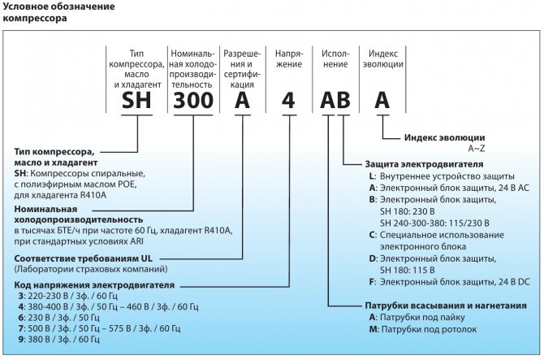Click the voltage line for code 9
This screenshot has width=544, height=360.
coord(73,338)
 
